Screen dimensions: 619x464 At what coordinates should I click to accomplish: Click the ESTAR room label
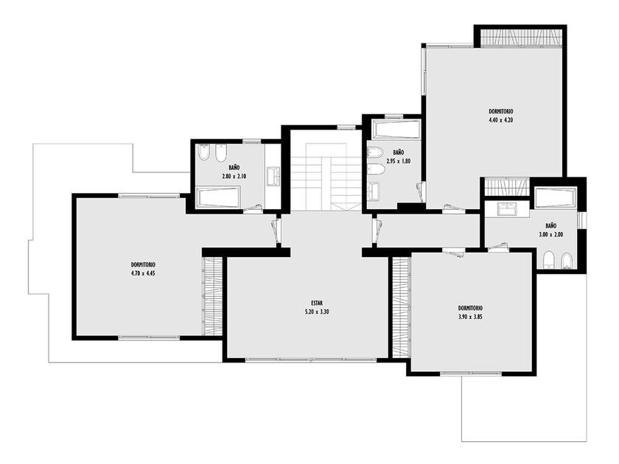point(317,303)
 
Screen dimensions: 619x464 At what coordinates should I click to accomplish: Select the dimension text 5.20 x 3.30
point(317,312)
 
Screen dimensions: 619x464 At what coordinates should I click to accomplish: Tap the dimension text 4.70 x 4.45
point(143,273)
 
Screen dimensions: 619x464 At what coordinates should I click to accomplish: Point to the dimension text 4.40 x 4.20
point(500,120)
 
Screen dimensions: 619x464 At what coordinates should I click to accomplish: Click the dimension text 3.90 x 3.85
point(470,317)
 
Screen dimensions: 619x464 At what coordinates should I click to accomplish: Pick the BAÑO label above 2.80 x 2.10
point(234,168)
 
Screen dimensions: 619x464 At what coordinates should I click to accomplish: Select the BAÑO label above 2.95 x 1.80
point(399,152)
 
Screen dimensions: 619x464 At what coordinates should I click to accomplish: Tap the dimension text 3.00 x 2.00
point(551,234)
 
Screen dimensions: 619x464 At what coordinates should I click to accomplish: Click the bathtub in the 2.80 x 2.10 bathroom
point(218,198)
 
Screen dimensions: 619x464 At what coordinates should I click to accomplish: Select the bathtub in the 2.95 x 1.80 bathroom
point(396,129)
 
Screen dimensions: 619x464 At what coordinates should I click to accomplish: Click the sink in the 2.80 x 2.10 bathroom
point(273,176)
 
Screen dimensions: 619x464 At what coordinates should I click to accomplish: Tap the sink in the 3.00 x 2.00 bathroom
point(506,208)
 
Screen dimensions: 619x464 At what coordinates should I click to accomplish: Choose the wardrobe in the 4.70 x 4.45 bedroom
point(212,296)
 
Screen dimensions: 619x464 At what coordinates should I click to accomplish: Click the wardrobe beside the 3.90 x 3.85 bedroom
point(402,307)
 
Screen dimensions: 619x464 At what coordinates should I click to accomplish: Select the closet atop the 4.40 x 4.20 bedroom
point(521,38)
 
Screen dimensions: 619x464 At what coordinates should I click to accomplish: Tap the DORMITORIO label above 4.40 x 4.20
point(500,112)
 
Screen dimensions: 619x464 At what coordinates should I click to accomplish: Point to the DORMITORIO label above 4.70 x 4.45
point(143,264)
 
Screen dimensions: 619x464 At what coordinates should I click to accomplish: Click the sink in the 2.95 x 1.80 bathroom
point(374,191)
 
